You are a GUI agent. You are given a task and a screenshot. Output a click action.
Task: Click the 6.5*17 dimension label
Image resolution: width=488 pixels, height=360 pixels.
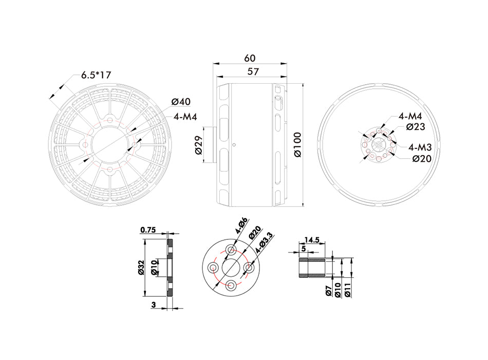(96, 75)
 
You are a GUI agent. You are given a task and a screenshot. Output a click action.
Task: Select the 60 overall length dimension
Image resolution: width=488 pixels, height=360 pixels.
(250, 58)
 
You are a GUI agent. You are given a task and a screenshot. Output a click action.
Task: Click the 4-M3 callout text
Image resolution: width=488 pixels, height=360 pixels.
(420, 146)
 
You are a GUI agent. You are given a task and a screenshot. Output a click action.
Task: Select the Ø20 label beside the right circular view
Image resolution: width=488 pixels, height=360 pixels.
(421, 158)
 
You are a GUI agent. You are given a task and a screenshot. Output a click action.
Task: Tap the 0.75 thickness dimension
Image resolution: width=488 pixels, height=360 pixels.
(147, 230)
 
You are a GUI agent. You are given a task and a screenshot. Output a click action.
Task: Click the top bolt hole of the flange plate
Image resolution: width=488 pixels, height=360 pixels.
(232, 251)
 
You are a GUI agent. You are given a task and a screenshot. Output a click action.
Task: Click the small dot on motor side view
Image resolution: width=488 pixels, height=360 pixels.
(234, 145)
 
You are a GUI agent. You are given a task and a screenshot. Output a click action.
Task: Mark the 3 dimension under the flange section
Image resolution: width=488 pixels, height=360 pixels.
(154, 305)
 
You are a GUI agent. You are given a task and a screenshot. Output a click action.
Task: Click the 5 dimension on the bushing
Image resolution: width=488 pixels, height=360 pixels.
(304, 248)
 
